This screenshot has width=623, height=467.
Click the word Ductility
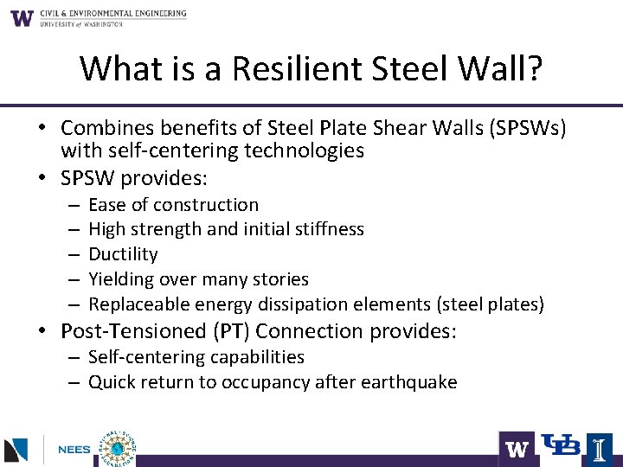[123, 254]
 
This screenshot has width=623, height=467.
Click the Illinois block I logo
[598, 449]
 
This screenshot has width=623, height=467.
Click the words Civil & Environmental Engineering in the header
[112, 14]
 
